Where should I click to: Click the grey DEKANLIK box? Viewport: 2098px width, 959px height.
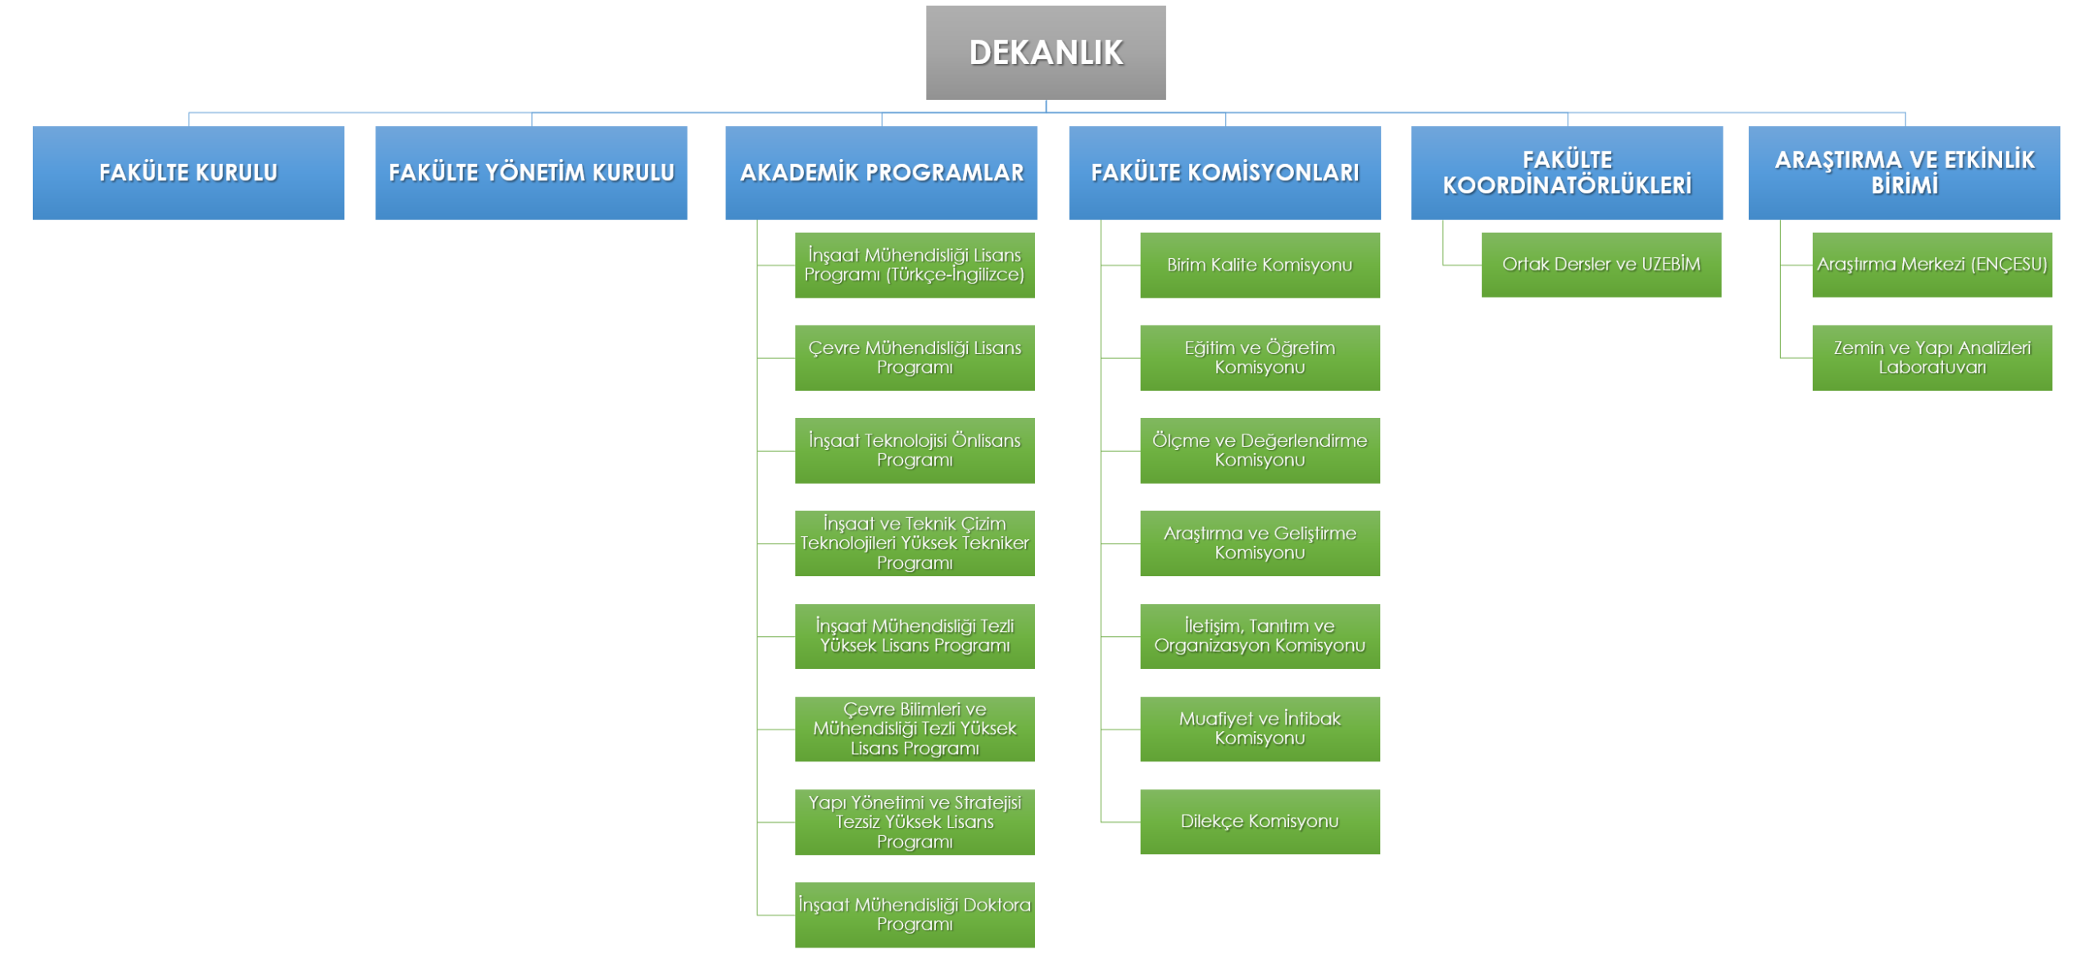pyautogui.click(x=1046, y=52)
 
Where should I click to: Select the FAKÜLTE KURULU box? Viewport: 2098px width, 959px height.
pyautogui.click(x=188, y=173)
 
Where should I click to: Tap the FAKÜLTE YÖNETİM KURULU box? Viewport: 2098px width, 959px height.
pyautogui.click(x=531, y=173)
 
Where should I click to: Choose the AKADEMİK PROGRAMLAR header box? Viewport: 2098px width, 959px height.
pyautogui.click(x=881, y=173)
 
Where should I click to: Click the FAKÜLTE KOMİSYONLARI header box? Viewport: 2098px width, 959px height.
pyautogui.click(x=1224, y=173)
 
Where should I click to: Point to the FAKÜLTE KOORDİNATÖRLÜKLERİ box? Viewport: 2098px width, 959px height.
pyautogui.click(x=1567, y=173)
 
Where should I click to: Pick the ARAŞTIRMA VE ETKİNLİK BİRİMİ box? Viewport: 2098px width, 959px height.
pyautogui.click(x=1904, y=173)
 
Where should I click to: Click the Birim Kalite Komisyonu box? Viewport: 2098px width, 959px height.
pyautogui.click(x=1260, y=265)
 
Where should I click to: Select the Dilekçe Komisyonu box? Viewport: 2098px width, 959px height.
pyautogui.click(x=1260, y=821)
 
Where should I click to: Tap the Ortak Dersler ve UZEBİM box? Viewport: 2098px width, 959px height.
pyautogui.click(x=1601, y=264)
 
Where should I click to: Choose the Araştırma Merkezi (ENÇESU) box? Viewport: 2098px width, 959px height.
pyautogui.click(x=1932, y=264)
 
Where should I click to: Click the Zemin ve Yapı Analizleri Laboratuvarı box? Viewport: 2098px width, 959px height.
pyautogui.click(x=1932, y=357)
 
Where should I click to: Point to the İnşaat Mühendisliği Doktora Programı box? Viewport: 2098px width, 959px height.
pyautogui.click(x=915, y=915)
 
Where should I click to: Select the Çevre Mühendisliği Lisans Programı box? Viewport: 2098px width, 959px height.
pyautogui.click(x=915, y=357)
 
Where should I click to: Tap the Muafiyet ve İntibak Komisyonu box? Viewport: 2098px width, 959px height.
pyautogui.click(x=1260, y=729)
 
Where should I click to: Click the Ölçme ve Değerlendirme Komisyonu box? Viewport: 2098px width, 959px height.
pyautogui.click(x=1260, y=450)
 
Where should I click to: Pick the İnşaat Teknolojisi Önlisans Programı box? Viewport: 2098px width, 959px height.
pyautogui.click(x=915, y=450)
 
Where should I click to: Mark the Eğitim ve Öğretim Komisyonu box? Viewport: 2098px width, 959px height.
pyautogui.click(x=1260, y=357)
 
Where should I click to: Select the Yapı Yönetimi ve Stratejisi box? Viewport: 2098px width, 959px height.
pyautogui.click(x=915, y=822)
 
